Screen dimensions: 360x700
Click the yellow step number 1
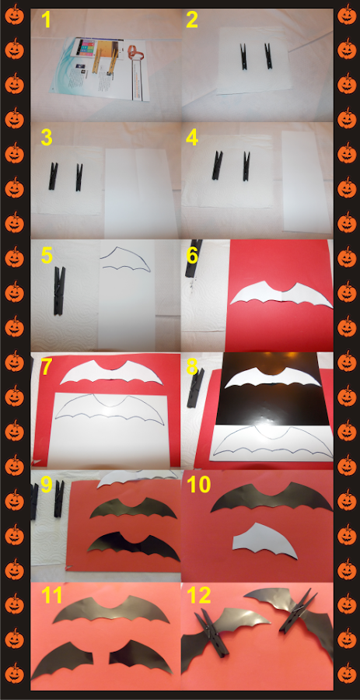pos(47,20)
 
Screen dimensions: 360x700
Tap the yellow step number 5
pos(47,255)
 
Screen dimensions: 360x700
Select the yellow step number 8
pos(192,367)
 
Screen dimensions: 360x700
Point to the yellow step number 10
pos(199,485)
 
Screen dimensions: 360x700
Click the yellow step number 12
pos(198,596)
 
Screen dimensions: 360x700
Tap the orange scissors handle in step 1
pos(135,53)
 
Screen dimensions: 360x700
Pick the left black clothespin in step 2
pos(243,56)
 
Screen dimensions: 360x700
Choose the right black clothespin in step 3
pos(79,177)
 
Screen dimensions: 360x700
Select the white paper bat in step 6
pos(281,294)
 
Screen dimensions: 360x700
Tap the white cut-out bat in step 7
pos(111,373)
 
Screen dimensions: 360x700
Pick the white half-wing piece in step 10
pos(264,541)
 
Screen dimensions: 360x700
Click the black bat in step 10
pos(271,496)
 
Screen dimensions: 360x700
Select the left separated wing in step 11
pos(62,660)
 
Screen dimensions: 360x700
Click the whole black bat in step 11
pos(111,610)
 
